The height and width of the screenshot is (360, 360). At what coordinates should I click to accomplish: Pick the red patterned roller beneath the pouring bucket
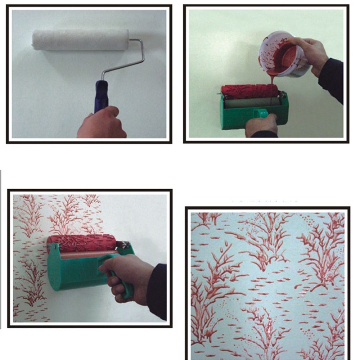click(x=249, y=91)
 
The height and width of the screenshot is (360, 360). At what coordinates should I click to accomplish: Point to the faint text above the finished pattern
click(x=265, y=199)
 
